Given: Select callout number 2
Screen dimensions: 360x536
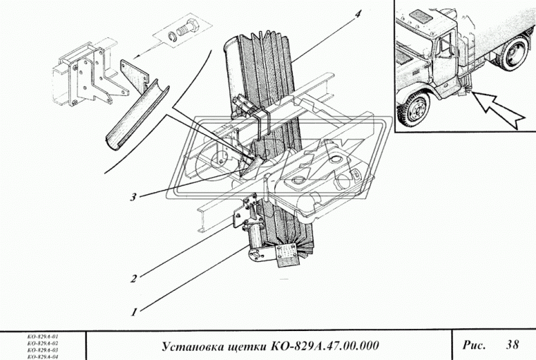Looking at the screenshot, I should (x=133, y=277).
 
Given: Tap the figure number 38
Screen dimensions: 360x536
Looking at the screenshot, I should (x=513, y=344).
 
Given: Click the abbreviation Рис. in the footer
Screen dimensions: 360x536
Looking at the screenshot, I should (x=474, y=344).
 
